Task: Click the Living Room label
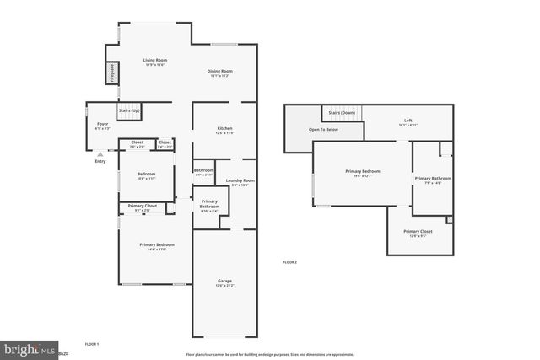coord(154,60)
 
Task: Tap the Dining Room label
coord(220,71)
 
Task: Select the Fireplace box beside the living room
coord(111,73)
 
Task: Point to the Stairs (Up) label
coord(129,110)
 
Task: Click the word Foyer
coord(101,124)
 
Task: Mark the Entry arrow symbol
coord(100,154)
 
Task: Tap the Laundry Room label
coord(241,180)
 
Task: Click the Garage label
coord(224,281)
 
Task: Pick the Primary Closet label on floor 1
coord(142,206)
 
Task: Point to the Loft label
coord(408,121)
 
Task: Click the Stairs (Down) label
coord(342,112)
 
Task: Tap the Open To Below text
coord(323,129)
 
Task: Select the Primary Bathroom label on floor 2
coord(433,178)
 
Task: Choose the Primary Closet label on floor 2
coord(418,231)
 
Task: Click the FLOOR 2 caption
coord(289,262)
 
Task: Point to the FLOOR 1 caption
coord(92,344)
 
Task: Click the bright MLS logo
coord(25,348)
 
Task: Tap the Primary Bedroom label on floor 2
coord(362,171)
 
